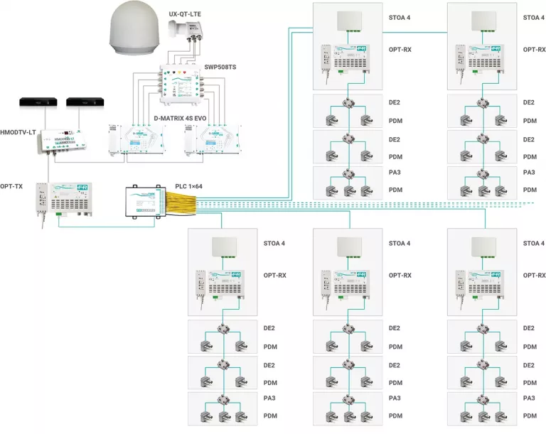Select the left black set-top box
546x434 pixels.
pyautogui.click(x=33, y=103)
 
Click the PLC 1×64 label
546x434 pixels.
pyautogui.click(x=193, y=187)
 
